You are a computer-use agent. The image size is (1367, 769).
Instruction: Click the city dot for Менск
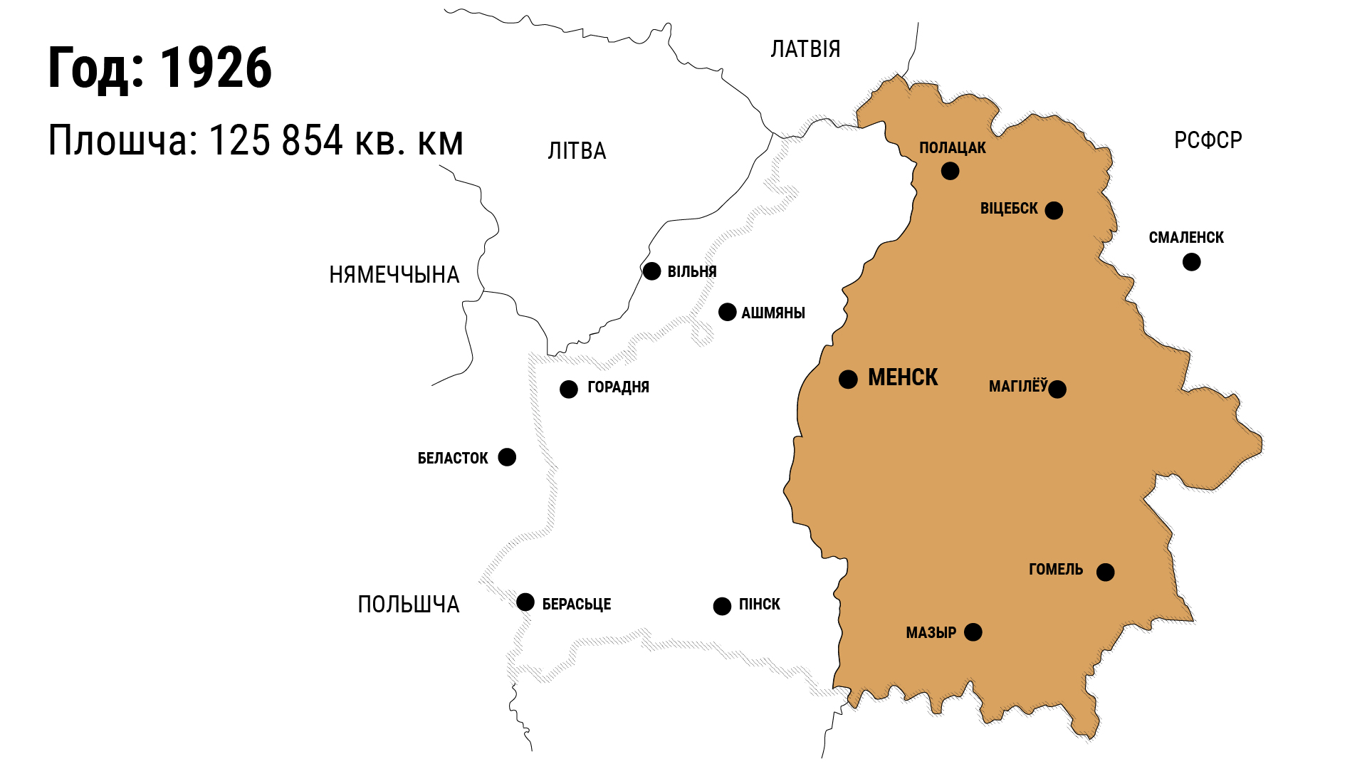pos(848,379)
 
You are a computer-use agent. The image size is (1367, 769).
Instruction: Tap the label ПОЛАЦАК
pos(952,148)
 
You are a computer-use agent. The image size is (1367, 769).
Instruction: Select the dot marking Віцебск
pos(1054,210)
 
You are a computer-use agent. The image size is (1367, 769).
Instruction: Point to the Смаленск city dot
pos(1191,262)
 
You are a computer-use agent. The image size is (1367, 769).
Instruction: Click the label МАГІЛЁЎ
pos(1017,387)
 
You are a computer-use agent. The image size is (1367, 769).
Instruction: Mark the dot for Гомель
pos(1105,572)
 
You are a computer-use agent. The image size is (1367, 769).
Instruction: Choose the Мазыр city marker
pos(973,632)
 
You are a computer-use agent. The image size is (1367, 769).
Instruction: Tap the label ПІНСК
pos(759,605)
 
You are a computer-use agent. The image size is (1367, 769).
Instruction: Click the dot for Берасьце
pos(525,602)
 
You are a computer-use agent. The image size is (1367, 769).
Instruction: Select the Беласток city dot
pos(507,456)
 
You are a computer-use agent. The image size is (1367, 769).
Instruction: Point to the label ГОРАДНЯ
pos(618,387)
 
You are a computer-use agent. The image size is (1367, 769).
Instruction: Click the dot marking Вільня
pos(651,271)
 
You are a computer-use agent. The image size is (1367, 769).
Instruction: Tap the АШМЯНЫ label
pos(772,313)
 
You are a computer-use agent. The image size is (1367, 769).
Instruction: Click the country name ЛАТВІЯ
pos(805,49)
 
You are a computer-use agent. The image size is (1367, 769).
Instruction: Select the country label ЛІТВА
pos(577,151)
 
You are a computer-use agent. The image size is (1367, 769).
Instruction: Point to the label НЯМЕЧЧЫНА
pos(394,275)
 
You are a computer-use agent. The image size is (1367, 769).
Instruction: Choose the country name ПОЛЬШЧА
pos(408,605)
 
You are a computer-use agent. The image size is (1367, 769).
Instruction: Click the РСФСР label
pos(1208,140)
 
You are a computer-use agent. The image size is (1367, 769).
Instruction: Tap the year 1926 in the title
pos(215,68)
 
